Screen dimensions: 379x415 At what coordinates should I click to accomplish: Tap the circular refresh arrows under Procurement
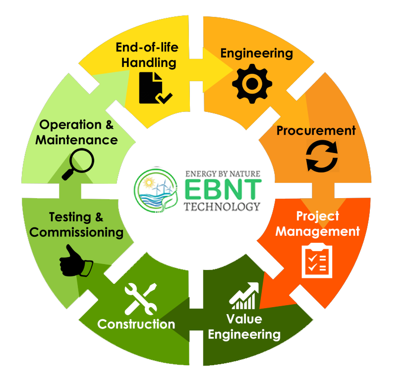(x=322, y=156)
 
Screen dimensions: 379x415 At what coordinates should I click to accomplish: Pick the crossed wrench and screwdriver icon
(x=140, y=299)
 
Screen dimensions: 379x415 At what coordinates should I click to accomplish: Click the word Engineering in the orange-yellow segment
(x=256, y=53)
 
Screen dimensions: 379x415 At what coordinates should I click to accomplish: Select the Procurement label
(x=316, y=131)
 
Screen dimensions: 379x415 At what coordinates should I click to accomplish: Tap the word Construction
(x=136, y=325)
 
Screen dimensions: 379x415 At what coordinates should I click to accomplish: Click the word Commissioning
(x=79, y=232)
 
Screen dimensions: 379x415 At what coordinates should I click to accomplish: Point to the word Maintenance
(x=76, y=140)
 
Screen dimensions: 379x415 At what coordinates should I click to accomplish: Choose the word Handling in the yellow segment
(x=149, y=63)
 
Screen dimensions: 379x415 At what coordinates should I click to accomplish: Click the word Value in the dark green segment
(x=244, y=318)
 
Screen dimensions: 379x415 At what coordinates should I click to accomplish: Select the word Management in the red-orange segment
(x=317, y=231)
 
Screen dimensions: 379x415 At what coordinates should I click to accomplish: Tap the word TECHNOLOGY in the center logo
(x=222, y=206)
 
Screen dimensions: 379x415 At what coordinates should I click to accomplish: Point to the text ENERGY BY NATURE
(x=222, y=174)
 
